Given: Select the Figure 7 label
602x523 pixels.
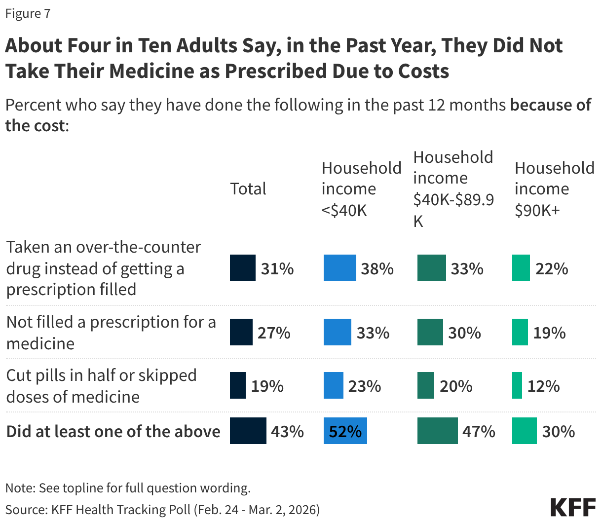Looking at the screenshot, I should pos(28,13).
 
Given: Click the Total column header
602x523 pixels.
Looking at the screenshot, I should pos(248,188).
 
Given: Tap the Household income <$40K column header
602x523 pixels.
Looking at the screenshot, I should pos(361,188).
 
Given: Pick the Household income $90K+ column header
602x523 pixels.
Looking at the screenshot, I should pos(554,188).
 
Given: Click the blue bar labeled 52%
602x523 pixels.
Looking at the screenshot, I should pos(345,431).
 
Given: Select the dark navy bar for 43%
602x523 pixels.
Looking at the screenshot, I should pos(248,431).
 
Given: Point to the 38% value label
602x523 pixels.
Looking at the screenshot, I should pos(377,268).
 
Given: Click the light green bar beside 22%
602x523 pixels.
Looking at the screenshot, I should pos(521,268).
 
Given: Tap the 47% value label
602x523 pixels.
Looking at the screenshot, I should pos(479,431).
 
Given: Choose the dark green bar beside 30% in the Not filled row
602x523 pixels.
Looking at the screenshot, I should pos(430,332).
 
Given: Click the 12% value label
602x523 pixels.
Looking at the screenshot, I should pos(543,385).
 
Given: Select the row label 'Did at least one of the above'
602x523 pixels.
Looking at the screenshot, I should pos(113,431).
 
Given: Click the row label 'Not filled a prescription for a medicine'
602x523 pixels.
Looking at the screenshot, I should pos(111,332).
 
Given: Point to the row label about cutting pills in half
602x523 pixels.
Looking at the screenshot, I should pos(101,385).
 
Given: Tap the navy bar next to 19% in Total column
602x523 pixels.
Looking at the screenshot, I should pos(237,385).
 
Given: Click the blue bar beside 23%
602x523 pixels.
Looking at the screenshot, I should pos(333,385).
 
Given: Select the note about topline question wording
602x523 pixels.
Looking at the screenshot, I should pos(128,488).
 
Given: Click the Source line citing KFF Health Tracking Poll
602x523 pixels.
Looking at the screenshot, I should pos(162,509).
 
